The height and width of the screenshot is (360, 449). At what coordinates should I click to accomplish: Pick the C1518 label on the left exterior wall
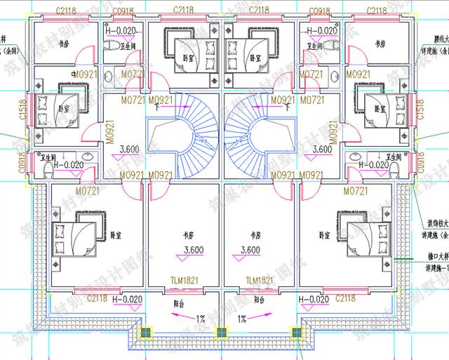22,110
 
